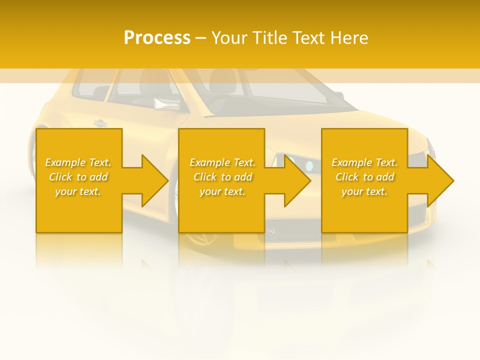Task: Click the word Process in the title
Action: click(157, 38)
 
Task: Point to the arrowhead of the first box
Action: click(154, 180)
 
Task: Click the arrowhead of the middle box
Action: click(296, 180)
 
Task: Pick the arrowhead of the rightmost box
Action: click(439, 180)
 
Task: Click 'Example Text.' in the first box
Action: click(78, 162)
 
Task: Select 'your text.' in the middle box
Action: click(222, 191)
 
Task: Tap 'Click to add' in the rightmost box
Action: click(364, 177)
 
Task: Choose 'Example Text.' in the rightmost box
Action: click(364, 162)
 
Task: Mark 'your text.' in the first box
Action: click(78, 191)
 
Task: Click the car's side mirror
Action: click(163, 103)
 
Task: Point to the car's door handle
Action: click(100, 123)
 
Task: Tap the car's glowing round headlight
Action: click(309, 165)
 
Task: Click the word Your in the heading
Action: click(229, 38)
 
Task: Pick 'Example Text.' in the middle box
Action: click(222, 162)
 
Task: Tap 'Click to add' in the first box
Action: click(78, 177)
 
